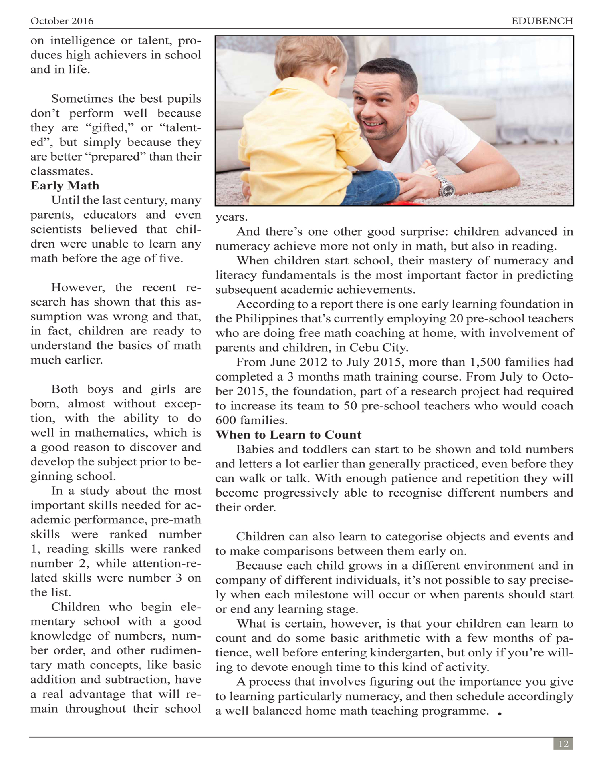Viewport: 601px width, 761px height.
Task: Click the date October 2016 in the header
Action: pos(62,21)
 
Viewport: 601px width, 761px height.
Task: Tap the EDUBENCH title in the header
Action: pos(542,21)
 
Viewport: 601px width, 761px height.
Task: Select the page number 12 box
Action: pos(563,744)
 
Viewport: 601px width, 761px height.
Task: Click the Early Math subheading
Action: pos(65,186)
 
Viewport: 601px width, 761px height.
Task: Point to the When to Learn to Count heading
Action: pos(288,435)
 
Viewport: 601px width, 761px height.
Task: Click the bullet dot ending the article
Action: pos(500,713)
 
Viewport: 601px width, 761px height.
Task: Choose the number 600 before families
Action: pos(227,421)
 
